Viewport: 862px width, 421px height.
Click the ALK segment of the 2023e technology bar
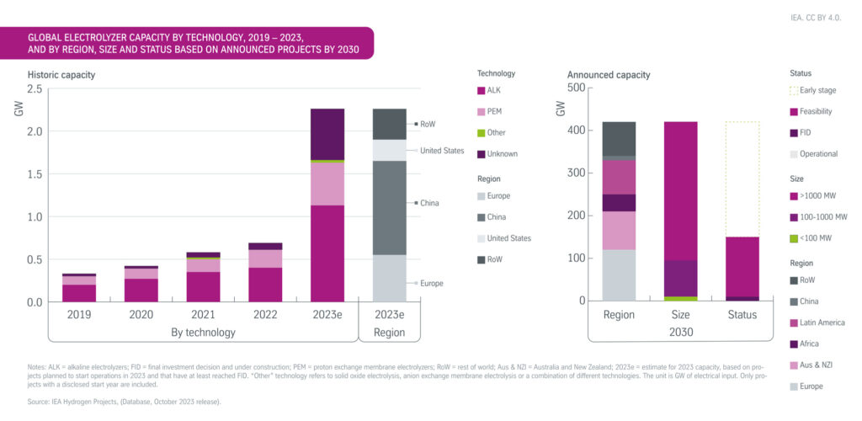(327, 253)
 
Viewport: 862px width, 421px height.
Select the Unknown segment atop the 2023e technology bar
(327, 133)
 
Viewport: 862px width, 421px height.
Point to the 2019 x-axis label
(78, 315)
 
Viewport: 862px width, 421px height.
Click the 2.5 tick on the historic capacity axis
(35, 89)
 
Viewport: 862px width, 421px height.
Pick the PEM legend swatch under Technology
(482, 111)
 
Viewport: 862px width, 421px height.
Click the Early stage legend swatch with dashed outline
(794, 90)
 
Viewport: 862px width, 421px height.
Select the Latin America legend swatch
(794, 322)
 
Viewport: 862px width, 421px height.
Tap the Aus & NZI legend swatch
(794, 365)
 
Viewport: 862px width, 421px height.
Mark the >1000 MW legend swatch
(794, 195)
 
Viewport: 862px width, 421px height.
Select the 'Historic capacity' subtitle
(61, 75)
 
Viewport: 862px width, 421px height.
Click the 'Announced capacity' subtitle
(609, 75)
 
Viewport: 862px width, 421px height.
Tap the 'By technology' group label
(203, 333)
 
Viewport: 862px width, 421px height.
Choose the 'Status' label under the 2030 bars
(742, 315)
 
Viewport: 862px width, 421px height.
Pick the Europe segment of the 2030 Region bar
(619, 274)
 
